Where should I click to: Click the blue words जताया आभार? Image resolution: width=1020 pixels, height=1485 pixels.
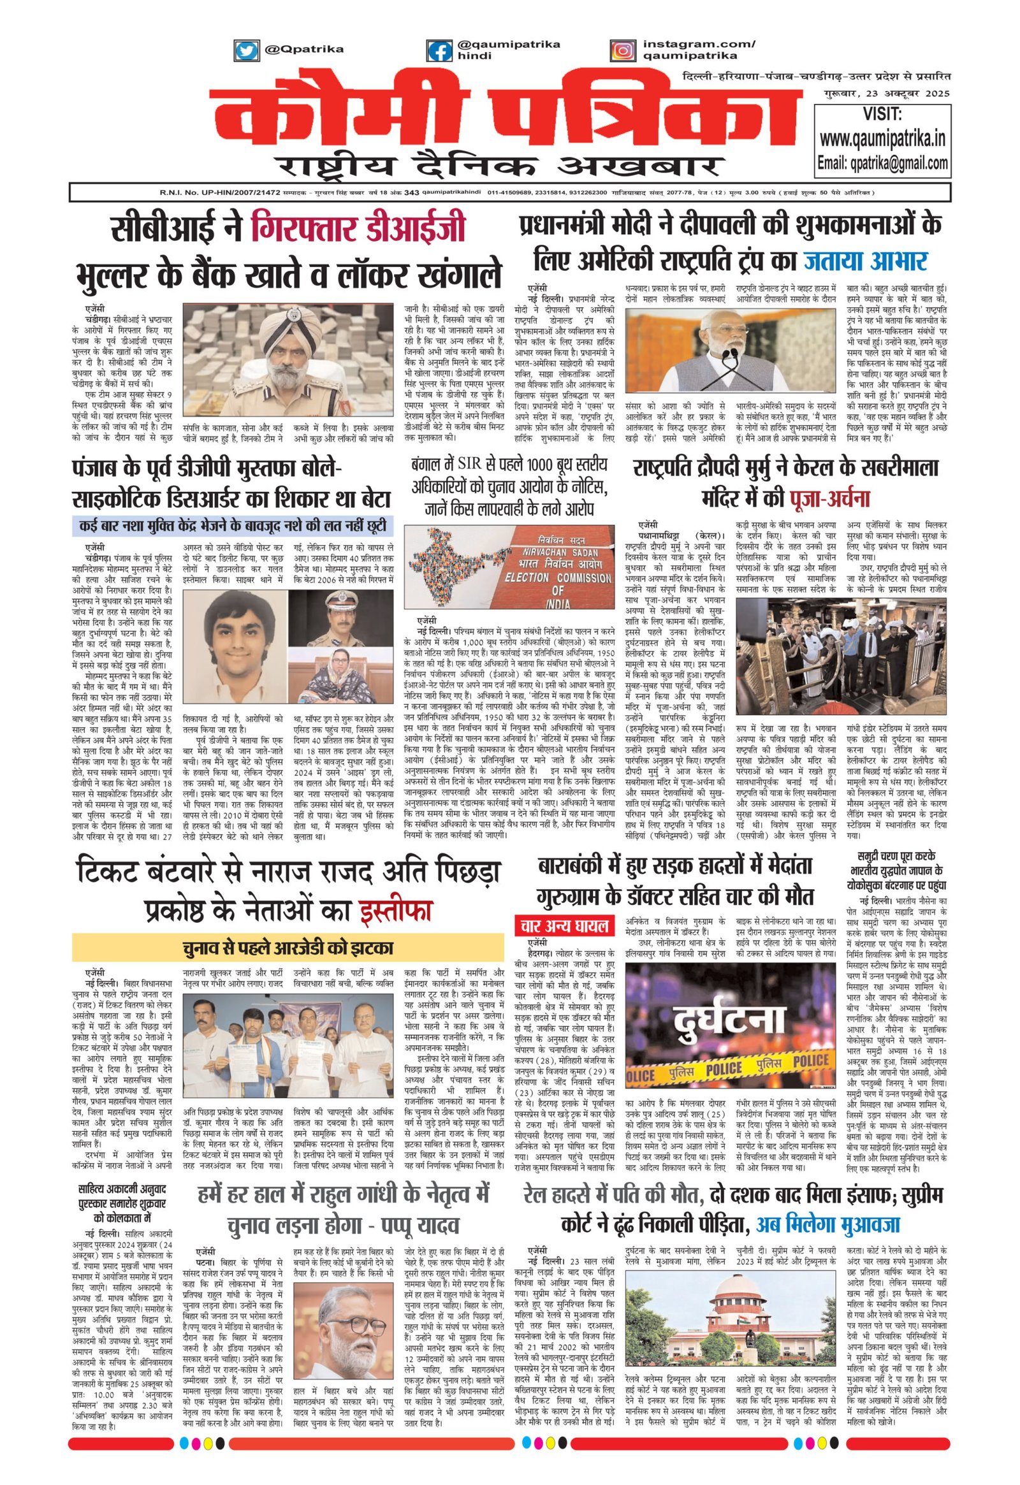coord(865,261)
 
